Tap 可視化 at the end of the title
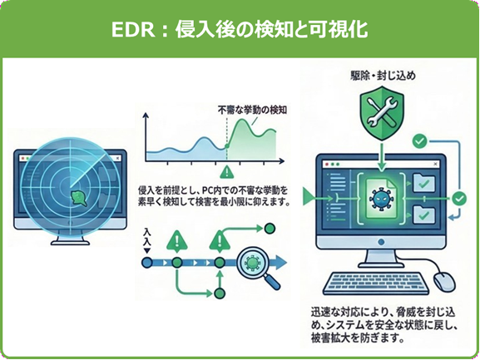(339, 29)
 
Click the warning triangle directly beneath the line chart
(225, 172)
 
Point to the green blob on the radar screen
(79, 198)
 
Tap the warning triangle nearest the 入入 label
(176, 242)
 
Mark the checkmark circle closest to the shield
(421, 140)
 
